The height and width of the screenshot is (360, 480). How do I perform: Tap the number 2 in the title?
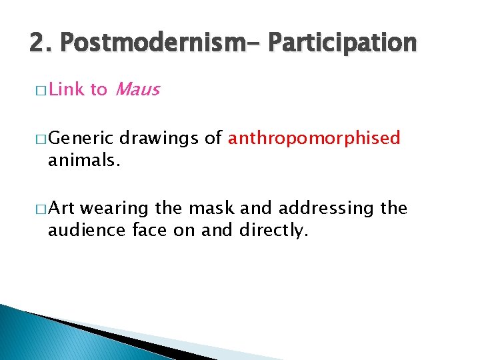point(37,43)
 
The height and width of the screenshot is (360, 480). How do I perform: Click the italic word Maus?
point(137,89)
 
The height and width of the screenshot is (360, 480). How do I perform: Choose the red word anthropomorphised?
point(314,139)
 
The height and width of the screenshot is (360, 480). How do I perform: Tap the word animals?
point(83,160)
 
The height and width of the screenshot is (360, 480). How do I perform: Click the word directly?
point(274,230)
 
